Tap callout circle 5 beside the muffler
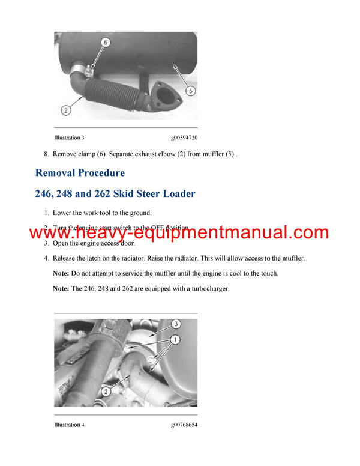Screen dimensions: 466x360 point(190,91)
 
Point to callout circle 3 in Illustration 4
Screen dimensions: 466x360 point(176,324)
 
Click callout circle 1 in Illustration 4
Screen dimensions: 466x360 point(176,340)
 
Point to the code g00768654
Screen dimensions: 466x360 point(183,425)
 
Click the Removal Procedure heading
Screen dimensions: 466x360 point(80,173)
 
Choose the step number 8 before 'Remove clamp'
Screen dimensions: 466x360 point(46,154)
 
